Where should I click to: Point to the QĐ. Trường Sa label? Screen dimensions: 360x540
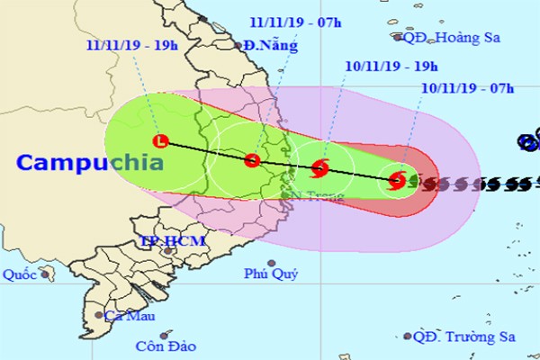pyautogui.click(x=463, y=337)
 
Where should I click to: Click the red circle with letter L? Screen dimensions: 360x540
pyautogui.click(x=161, y=141)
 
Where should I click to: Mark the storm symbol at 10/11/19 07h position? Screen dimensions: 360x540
pyautogui.click(x=397, y=181)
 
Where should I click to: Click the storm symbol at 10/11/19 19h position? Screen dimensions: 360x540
pyautogui.click(x=320, y=167)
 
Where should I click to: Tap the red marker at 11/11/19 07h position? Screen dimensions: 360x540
pyautogui.click(x=252, y=160)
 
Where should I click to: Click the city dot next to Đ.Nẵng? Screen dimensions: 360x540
pyautogui.click(x=238, y=46)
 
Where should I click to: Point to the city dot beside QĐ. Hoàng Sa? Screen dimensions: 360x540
pyautogui.click(x=397, y=38)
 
